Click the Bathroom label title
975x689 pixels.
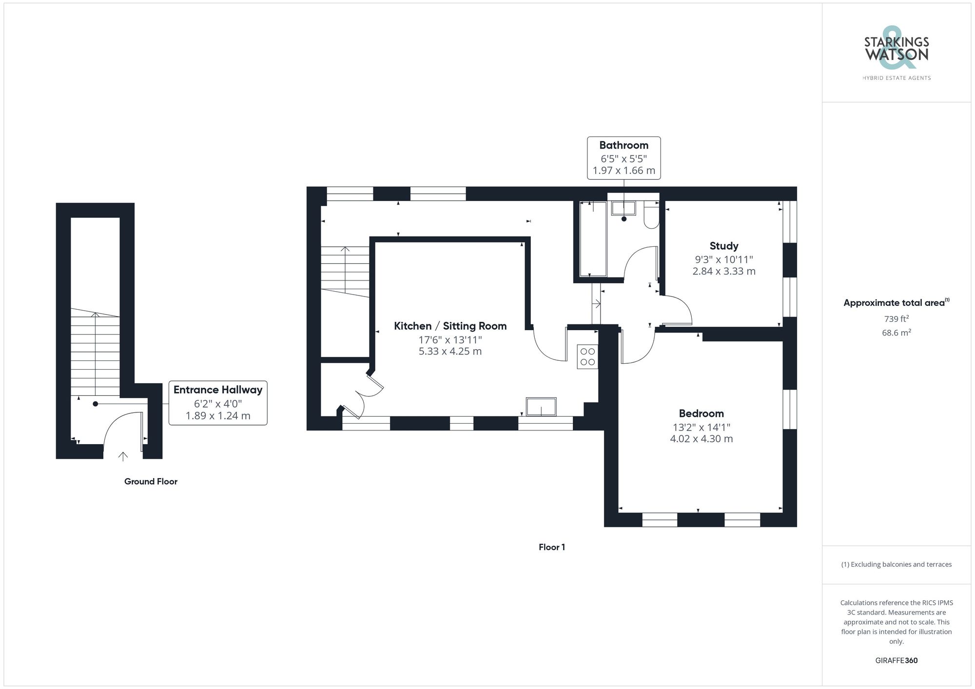pyautogui.click(x=624, y=145)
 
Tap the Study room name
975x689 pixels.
pyautogui.click(x=723, y=246)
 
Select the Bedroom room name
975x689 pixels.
pyautogui.click(x=701, y=413)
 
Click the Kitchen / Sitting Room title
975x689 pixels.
pyautogui.click(x=450, y=326)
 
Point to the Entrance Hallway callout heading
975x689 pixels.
pyautogui.click(x=218, y=390)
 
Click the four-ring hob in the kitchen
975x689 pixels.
pyautogui.click(x=587, y=356)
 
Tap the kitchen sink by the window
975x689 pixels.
pyautogui.click(x=541, y=407)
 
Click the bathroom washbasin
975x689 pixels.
pyautogui.click(x=623, y=208)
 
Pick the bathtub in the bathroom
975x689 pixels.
pyautogui.click(x=593, y=239)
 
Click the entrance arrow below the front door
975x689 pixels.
pyautogui.click(x=123, y=456)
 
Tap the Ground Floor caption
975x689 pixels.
pyautogui.click(x=151, y=482)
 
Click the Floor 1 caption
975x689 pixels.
pyautogui.click(x=551, y=547)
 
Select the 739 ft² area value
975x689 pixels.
pyautogui.click(x=896, y=319)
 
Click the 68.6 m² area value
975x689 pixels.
pyautogui.click(x=896, y=333)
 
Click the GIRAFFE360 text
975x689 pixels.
pyautogui.click(x=896, y=661)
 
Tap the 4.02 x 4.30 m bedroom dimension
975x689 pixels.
pyautogui.click(x=701, y=439)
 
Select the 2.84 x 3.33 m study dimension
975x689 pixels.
pyautogui.click(x=723, y=271)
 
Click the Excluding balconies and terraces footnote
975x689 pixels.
pyautogui.click(x=896, y=564)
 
